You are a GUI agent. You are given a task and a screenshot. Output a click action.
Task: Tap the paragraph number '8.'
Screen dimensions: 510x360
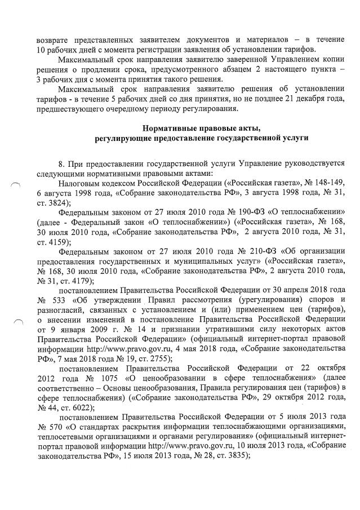(x=63, y=163)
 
